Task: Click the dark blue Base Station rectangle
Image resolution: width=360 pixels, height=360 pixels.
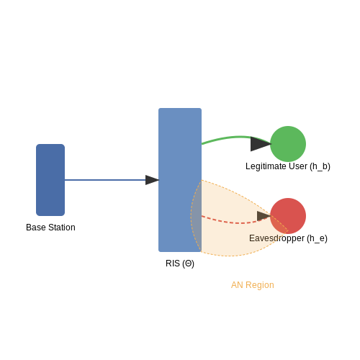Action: (x=50, y=180)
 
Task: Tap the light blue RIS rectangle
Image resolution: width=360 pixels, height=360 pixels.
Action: (x=180, y=180)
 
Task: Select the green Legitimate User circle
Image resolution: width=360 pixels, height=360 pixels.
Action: (x=288, y=144)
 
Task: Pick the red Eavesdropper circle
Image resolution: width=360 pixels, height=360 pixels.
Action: (x=288, y=216)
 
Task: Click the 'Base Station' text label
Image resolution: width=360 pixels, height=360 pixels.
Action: (x=50, y=228)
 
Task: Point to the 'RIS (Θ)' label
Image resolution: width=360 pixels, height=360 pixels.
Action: (x=180, y=264)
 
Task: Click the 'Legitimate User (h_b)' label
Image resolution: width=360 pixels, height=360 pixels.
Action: (x=288, y=166)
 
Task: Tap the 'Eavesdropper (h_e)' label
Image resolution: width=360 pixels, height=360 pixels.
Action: (x=288, y=238)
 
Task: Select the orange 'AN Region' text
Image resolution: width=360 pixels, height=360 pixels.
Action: (x=253, y=285)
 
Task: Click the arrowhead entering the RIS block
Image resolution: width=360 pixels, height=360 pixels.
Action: (x=152, y=180)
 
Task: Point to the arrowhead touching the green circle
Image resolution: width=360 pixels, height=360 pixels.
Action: (x=261, y=144)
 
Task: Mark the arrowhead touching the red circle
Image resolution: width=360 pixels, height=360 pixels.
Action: (x=264, y=216)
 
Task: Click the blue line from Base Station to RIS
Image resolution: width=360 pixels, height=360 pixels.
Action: (x=105, y=180)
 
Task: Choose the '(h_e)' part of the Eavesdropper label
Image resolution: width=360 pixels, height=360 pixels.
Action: (x=317, y=238)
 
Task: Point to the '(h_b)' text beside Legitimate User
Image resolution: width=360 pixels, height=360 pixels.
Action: (x=320, y=166)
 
